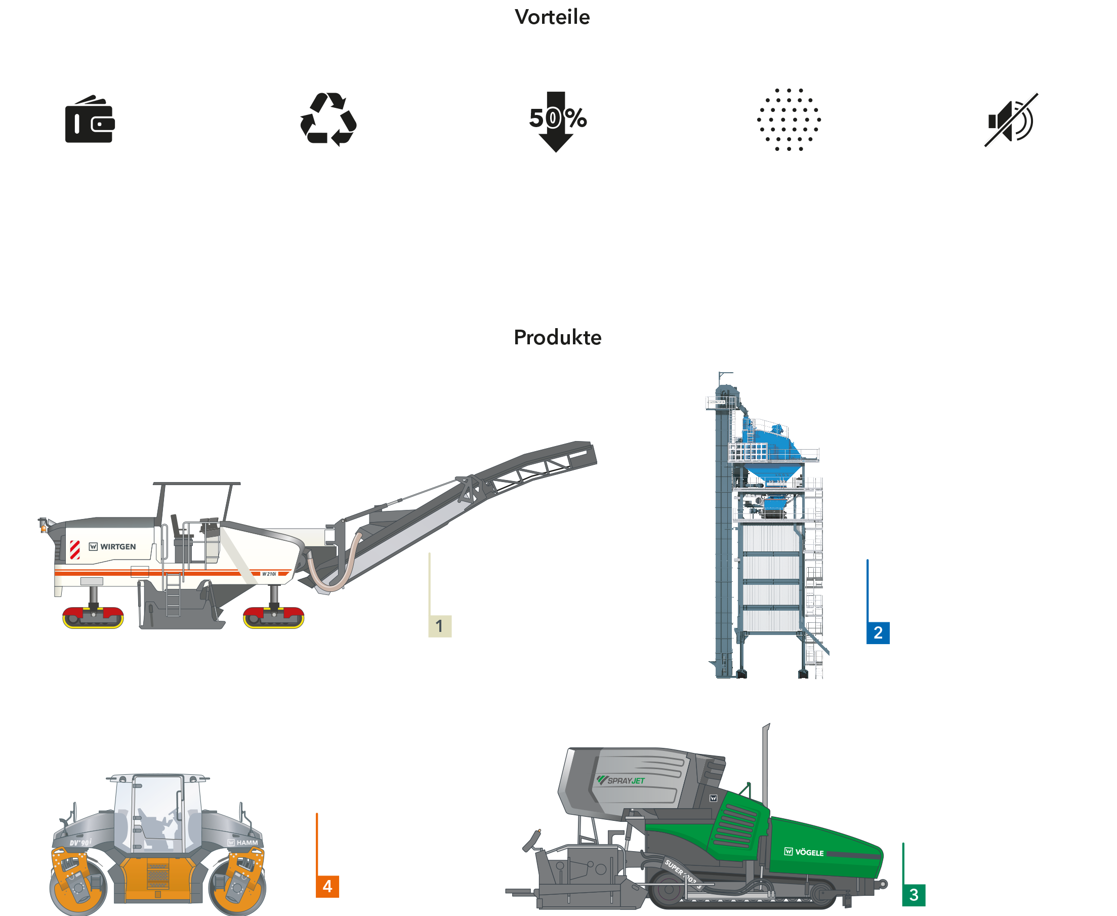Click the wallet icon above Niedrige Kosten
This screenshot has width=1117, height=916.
point(90,120)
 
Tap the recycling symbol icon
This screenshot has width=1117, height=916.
point(328,120)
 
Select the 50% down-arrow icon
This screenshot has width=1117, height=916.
point(555,120)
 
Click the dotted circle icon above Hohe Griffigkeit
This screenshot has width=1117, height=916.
point(789,120)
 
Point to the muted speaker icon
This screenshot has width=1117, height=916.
point(1011,120)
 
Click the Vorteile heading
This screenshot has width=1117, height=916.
point(552,17)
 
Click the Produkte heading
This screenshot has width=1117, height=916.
point(557,337)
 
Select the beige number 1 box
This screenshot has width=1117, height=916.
point(440,626)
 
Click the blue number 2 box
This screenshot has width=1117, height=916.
point(878,632)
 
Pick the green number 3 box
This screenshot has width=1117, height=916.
point(914,894)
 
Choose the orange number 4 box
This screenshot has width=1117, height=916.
point(327,887)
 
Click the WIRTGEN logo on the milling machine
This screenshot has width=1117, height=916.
point(113,547)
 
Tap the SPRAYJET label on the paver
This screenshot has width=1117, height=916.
point(623,780)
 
